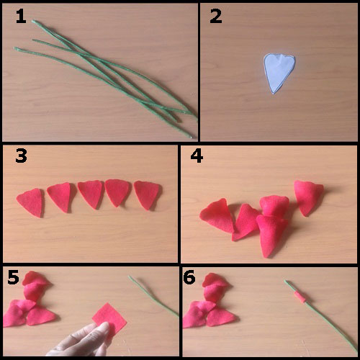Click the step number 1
pyautogui.click(x=21, y=17)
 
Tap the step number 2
pyautogui.click(x=216, y=17)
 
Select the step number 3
pyautogui.click(x=21, y=156)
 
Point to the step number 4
pyautogui.click(x=197, y=156)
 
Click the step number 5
pyautogui.click(x=13, y=277)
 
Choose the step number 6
pyautogui.click(x=189, y=277)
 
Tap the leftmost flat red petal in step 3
pyautogui.click(x=30, y=203)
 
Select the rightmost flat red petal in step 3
pyautogui.click(x=147, y=195)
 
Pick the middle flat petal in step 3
pyautogui.click(x=91, y=194)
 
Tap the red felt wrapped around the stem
pyautogui.click(x=300, y=297)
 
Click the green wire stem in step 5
pyautogui.click(x=153, y=297)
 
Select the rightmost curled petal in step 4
pyautogui.click(x=308, y=197)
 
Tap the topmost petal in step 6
pyautogui.click(x=215, y=279)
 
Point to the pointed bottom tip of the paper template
pyautogui.click(x=274, y=94)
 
